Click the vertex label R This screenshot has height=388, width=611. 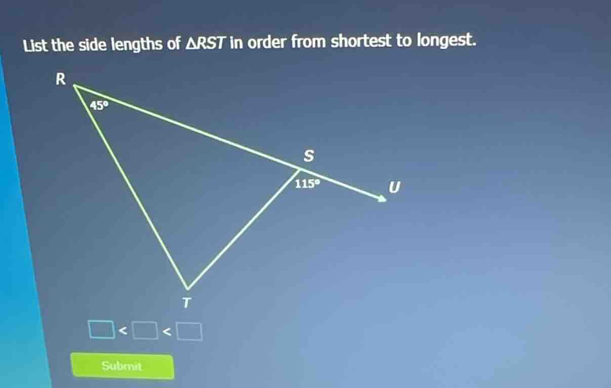point(60,79)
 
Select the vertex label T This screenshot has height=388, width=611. point(187,303)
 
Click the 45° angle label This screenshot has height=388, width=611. point(100,105)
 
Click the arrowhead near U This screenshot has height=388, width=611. point(381,199)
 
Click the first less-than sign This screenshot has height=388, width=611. point(122,331)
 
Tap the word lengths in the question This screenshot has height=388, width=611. point(136,45)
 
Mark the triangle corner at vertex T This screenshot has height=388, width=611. point(187,287)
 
